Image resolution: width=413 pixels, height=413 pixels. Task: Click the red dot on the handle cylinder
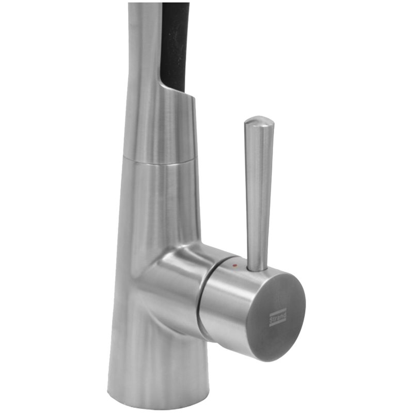[x=235, y=265]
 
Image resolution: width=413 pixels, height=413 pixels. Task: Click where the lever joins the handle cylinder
[x=256, y=268]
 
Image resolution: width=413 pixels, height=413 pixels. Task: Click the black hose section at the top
[x=174, y=45]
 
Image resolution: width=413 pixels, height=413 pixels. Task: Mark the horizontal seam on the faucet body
[x=160, y=163]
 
